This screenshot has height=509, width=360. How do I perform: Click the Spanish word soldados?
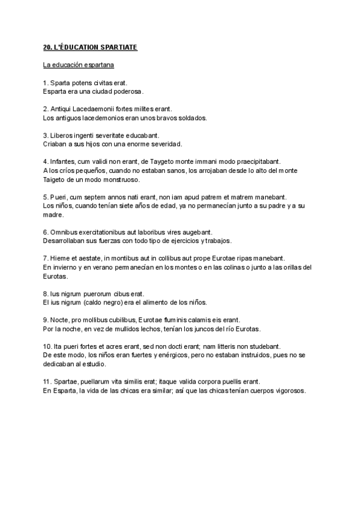[x=191, y=118]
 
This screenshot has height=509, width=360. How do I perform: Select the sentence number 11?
[x=47, y=382]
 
